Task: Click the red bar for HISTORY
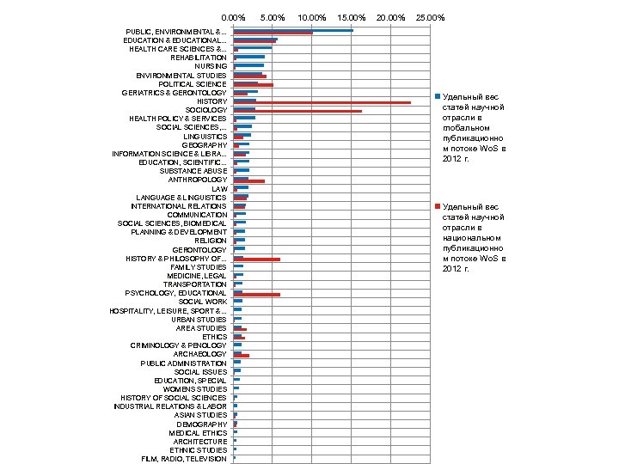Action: pyautogui.click(x=322, y=103)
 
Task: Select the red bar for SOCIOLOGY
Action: pyautogui.click(x=297, y=112)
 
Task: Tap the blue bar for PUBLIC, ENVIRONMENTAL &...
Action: pyautogui.click(x=293, y=30)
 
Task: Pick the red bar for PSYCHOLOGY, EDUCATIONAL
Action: pyautogui.click(x=257, y=295)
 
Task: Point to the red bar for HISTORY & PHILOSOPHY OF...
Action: pyautogui.click(x=257, y=259)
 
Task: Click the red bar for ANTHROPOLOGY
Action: pyautogui.click(x=249, y=181)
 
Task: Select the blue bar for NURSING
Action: pyautogui.click(x=248, y=64)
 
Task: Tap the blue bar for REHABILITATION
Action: pyautogui.click(x=249, y=56)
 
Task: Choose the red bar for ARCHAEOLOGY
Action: pyautogui.click(x=242, y=355)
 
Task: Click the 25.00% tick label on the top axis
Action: pyautogui.click(x=430, y=17)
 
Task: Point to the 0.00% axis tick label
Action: pyautogui.click(x=233, y=17)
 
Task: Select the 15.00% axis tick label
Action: pyautogui.click(x=352, y=17)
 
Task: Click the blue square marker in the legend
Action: pyautogui.click(x=437, y=95)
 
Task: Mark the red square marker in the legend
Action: pyautogui.click(x=437, y=207)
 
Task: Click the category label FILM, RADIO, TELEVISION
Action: pyautogui.click(x=184, y=459)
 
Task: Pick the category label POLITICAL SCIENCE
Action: pyautogui.click(x=193, y=84)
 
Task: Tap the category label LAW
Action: pyautogui.click(x=219, y=188)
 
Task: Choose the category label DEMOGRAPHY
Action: pyautogui.click(x=202, y=424)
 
